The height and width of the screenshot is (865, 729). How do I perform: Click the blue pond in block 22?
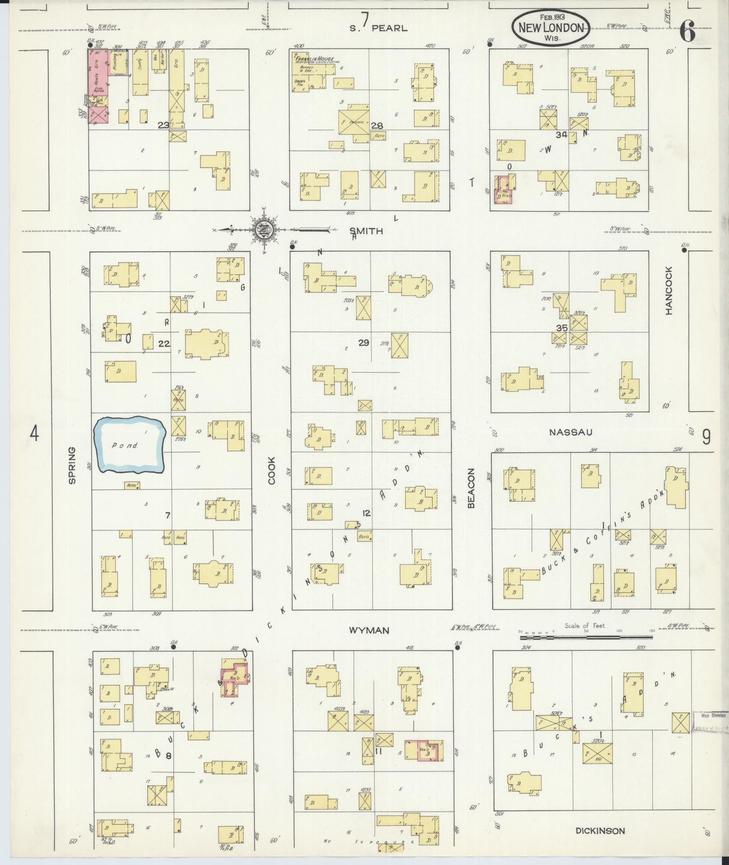(129, 445)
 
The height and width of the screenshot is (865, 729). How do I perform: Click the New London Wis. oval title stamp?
(551, 28)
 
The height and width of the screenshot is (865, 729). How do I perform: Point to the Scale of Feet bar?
(586, 637)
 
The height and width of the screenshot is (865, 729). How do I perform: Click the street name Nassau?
(570, 432)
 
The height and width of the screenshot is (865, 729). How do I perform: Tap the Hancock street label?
(669, 290)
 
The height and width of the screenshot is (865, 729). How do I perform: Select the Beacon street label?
(471, 488)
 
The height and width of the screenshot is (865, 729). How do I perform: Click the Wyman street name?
(369, 630)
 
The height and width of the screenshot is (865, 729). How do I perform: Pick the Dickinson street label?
(600, 831)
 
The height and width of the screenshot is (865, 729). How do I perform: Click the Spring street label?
(72, 465)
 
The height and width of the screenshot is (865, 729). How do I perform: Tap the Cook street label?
(272, 470)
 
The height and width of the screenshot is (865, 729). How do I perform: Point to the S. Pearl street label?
(379, 28)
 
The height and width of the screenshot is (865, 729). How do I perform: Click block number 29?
(363, 343)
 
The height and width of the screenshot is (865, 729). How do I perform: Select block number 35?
(561, 328)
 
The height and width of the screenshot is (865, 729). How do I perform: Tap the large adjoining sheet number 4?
(34, 434)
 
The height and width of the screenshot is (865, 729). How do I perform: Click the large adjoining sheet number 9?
(706, 437)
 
